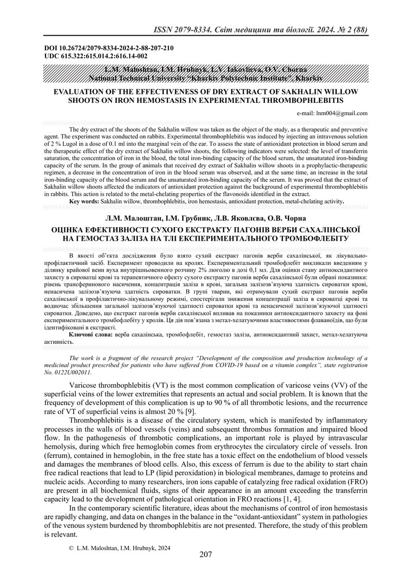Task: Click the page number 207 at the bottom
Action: point(206,555)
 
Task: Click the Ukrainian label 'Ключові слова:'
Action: point(91,335)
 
